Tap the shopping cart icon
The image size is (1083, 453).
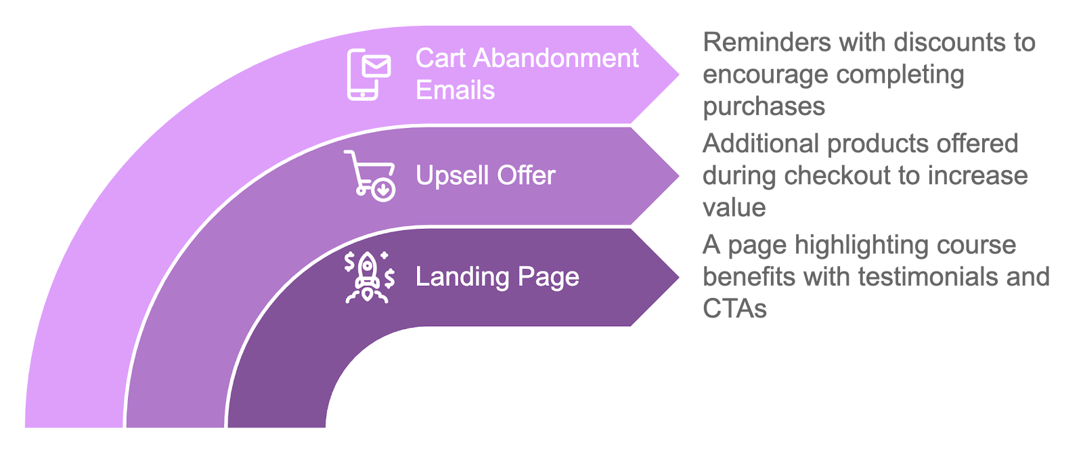coord(370,175)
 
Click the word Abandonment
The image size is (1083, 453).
coord(555,58)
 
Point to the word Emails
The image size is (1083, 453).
coord(455,90)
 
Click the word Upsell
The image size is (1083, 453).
coord(453,175)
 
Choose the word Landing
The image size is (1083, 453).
coord(462,277)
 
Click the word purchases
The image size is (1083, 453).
coord(764,106)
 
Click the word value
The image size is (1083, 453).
coord(734,207)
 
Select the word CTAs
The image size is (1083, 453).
coord(734,309)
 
